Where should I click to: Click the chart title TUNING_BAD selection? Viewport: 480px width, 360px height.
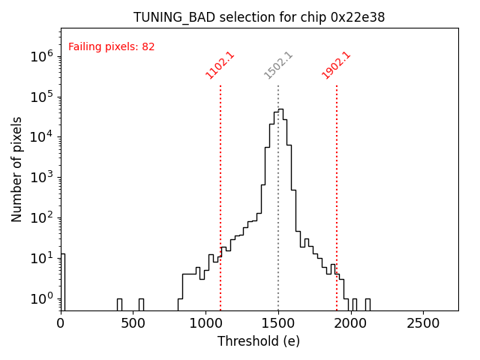point(259,17)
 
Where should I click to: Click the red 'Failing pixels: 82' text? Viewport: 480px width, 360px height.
point(111,46)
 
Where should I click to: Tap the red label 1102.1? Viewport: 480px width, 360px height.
point(220,65)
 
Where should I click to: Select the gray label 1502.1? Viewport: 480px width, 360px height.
point(278,65)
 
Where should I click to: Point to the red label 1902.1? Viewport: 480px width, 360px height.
point(337,65)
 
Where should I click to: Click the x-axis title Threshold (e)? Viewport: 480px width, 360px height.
point(259,341)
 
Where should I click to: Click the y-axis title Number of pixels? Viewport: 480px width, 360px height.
point(17,169)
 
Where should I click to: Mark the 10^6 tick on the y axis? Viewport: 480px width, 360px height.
point(41,56)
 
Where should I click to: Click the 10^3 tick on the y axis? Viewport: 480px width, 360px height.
point(41,178)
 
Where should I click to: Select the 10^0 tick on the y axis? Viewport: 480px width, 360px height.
point(41,298)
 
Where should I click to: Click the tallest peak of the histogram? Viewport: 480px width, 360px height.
point(280,110)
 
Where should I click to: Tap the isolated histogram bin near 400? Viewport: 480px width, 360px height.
point(119,303)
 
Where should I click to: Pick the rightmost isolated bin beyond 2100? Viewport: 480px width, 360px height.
point(367,303)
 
